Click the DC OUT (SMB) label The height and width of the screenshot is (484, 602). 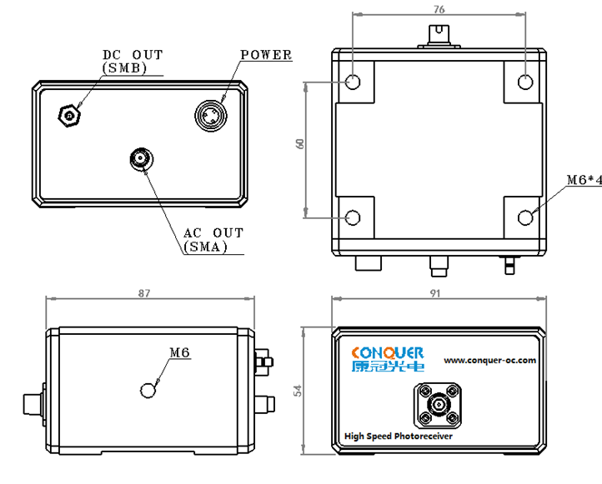[133, 62]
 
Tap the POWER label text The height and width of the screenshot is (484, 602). [266, 55]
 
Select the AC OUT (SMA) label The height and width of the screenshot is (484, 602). [213, 240]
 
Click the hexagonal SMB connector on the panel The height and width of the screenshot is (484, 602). [69, 116]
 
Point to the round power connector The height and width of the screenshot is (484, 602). [211, 116]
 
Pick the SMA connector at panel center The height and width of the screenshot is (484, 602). [141, 159]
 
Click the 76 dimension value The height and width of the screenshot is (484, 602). [439, 9]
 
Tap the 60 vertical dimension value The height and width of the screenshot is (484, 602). [300, 144]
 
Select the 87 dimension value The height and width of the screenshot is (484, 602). [144, 293]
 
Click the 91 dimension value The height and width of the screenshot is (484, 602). [434, 293]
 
